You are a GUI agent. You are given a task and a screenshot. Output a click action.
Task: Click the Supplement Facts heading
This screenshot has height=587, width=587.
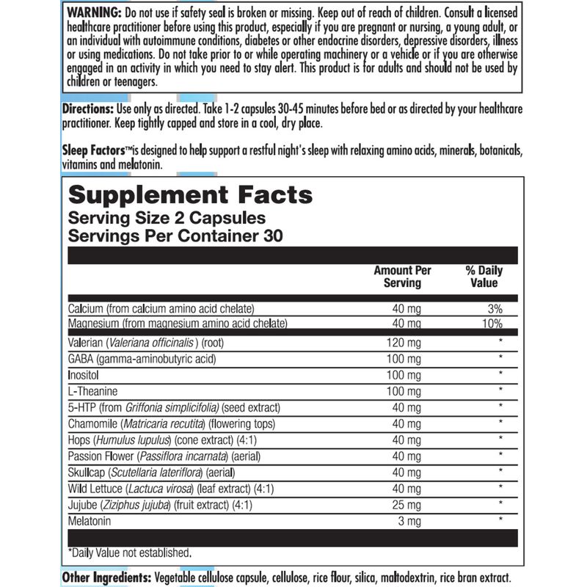pyautogui.click(x=190, y=195)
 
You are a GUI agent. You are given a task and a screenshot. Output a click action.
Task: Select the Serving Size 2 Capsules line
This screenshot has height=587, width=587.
pyautogui.click(x=167, y=219)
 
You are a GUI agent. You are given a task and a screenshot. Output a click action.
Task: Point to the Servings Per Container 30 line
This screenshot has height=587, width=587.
pyautogui.click(x=175, y=236)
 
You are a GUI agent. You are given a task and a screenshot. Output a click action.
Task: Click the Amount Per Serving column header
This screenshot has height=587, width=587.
pyautogui.click(x=402, y=277)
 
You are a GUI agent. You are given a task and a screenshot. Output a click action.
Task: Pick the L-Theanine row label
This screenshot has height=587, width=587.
pyautogui.click(x=93, y=391)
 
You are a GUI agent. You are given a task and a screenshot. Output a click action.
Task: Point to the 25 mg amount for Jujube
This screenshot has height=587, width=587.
pyautogui.click(x=406, y=505)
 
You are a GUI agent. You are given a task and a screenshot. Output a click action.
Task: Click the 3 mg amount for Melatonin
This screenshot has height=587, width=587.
pyautogui.click(x=409, y=521)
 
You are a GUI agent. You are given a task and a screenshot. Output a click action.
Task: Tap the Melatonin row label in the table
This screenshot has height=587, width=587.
pyautogui.click(x=91, y=521)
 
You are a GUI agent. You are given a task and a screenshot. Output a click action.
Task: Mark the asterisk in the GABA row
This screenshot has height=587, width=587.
pyautogui.click(x=500, y=359)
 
